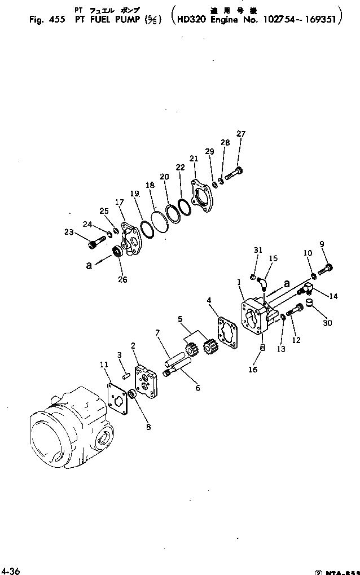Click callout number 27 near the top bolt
241,134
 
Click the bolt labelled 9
326,271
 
